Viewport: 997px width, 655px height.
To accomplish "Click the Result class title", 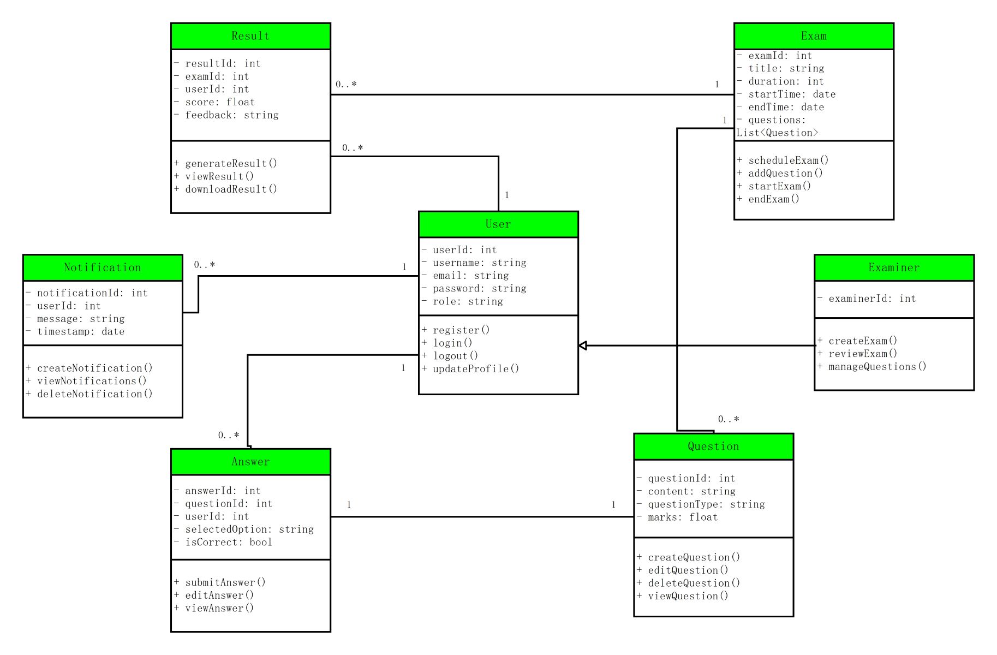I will (x=250, y=36).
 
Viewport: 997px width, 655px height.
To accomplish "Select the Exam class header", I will (x=814, y=36).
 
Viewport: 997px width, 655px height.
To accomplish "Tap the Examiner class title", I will (x=894, y=267).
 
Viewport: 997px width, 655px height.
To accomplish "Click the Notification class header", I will (x=103, y=267).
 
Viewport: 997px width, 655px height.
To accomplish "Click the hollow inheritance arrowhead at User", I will (x=583, y=346).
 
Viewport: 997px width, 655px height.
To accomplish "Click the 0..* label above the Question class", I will (x=729, y=420).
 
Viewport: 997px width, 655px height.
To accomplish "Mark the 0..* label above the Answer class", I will (x=229, y=436).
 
